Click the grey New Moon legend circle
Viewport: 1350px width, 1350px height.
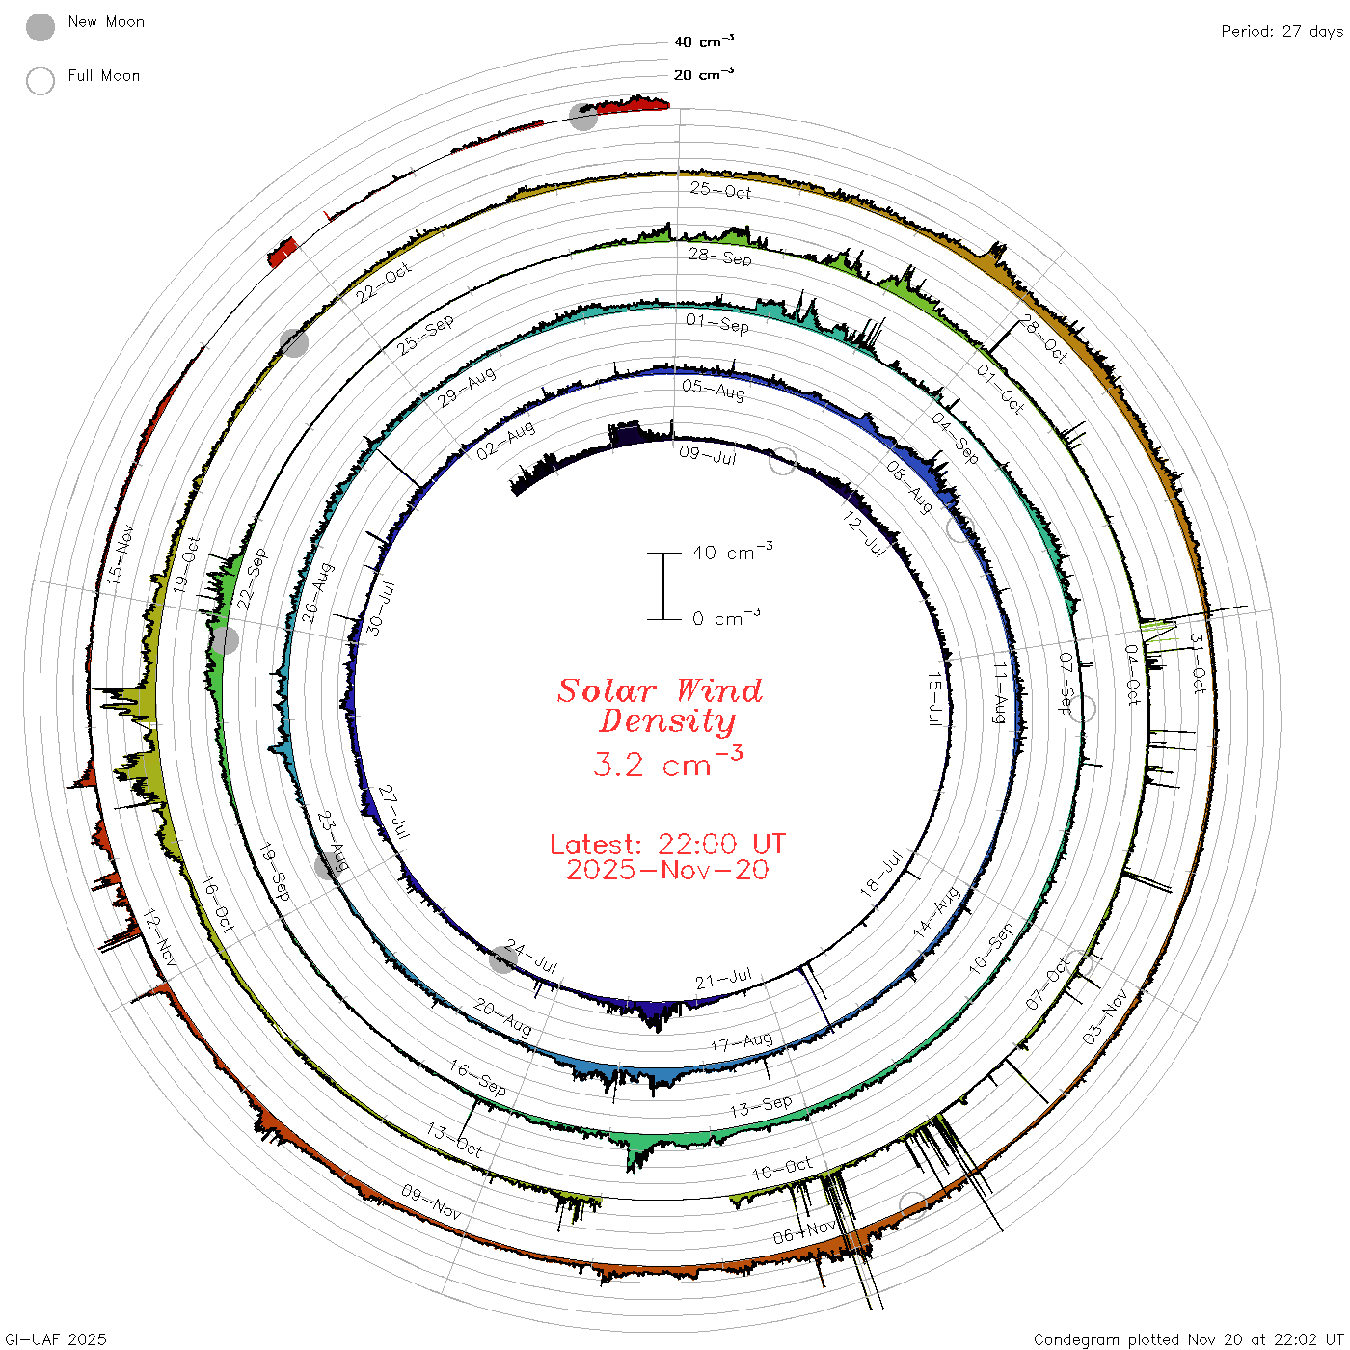(40, 27)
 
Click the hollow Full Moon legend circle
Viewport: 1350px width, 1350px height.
(40, 81)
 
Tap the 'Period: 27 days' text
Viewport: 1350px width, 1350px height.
(1282, 32)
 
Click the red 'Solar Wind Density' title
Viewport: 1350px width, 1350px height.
(660, 706)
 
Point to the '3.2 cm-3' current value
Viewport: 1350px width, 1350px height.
(667, 762)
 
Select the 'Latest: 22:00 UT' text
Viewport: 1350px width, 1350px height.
(667, 844)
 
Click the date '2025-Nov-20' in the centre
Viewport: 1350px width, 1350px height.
(667, 870)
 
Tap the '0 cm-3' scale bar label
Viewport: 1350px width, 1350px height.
(726, 617)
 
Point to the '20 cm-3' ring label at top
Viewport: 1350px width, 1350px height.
(703, 73)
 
